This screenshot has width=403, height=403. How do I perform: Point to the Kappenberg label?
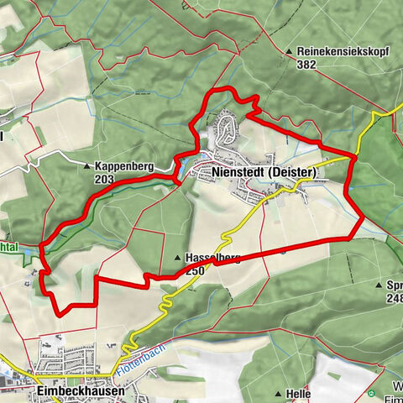[123, 167]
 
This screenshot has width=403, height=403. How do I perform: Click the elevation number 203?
[104, 178]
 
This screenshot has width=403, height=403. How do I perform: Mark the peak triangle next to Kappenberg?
[87, 167]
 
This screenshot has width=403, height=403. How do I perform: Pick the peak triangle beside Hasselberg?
[177, 259]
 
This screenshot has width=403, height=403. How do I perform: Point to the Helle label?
[299, 393]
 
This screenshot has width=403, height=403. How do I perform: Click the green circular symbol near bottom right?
[369, 392]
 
